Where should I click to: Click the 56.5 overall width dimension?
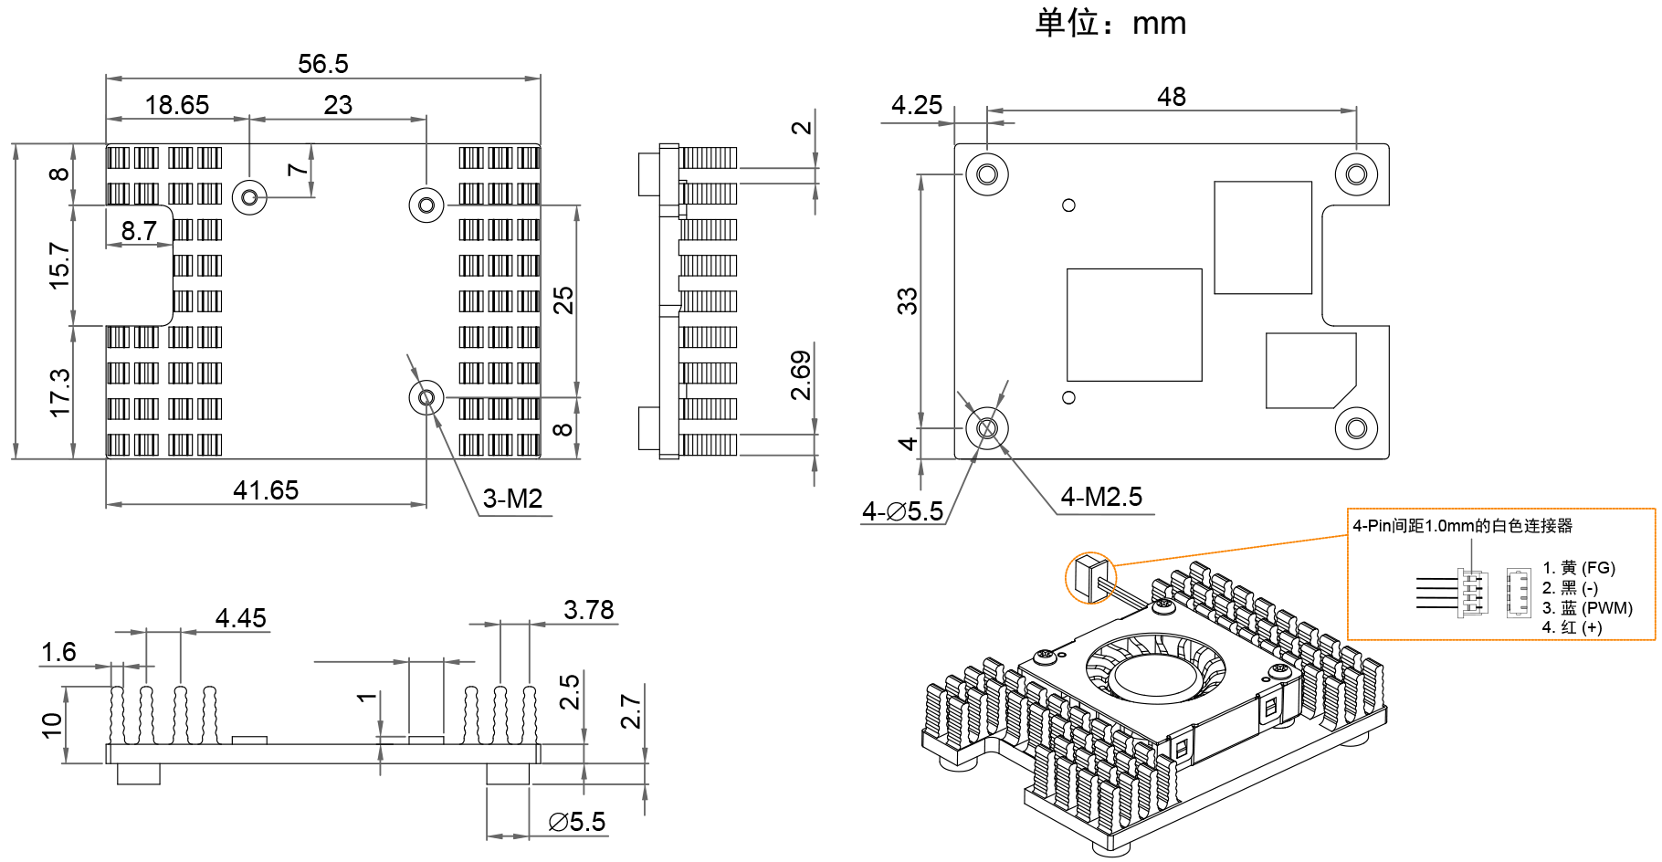(323, 64)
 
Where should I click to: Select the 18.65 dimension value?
(177, 105)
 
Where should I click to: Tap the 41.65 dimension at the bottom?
(266, 490)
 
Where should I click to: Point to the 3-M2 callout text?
(512, 499)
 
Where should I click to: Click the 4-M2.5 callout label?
(1101, 497)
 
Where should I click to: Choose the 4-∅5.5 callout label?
(902, 511)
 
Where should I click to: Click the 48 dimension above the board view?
(1172, 97)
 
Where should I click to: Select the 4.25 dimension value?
(917, 105)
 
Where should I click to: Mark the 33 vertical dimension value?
(907, 301)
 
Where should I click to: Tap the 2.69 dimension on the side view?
(801, 375)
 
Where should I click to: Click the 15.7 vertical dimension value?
(59, 266)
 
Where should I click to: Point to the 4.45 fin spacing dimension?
(241, 618)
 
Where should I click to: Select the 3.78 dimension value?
(589, 609)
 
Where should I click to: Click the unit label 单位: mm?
(1110, 23)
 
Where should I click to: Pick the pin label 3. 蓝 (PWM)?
(1587, 608)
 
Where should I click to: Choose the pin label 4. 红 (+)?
(1573, 627)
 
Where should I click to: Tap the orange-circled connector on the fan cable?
(1090, 578)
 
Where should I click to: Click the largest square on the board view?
(1134, 325)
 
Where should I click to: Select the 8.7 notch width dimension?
(139, 231)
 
